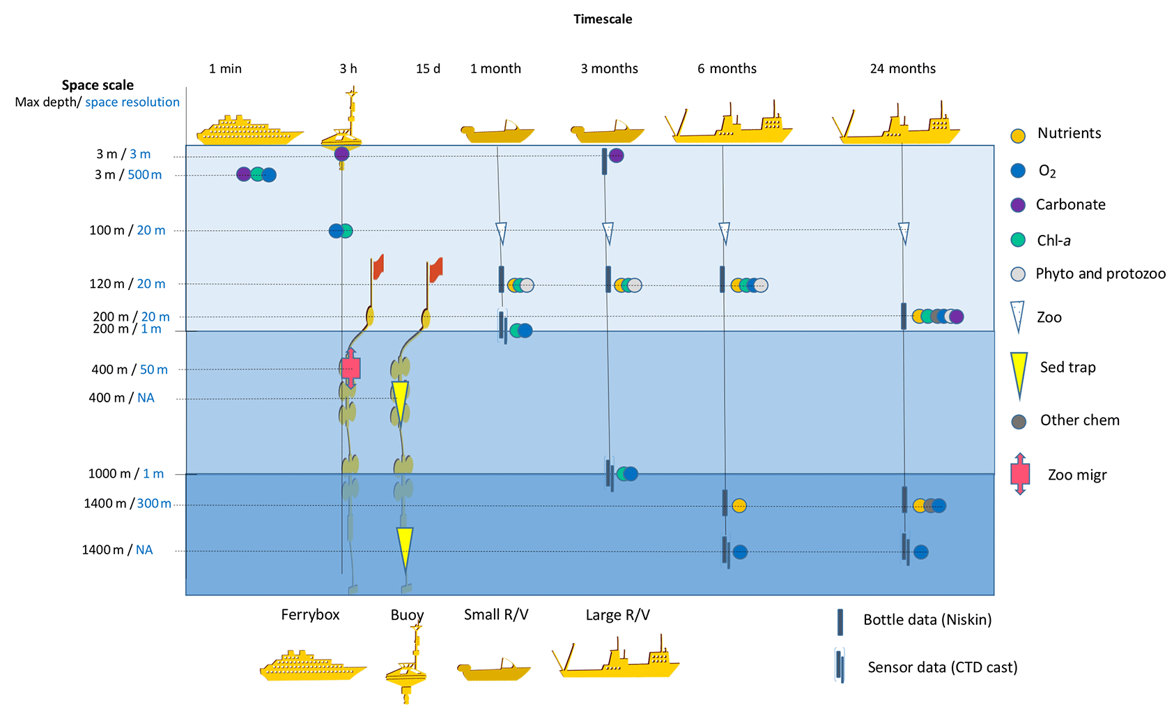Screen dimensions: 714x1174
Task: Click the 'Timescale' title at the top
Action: (x=603, y=20)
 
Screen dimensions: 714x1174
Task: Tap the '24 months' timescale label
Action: (x=902, y=68)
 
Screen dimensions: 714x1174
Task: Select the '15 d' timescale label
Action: (x=428, y=68)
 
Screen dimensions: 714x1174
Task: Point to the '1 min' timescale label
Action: (x=225, y=68)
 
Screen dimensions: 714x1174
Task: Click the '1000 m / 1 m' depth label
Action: (x=126, y=474)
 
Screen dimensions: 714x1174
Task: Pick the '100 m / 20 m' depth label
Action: (x=128, y=230)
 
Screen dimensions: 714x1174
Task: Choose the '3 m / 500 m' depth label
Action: (x=128, y=175)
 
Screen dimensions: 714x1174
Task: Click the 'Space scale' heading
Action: (x=98, y=85)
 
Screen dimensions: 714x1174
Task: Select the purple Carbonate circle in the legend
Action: (x=1018, y=205)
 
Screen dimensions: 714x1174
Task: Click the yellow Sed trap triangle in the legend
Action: (x=1019, y=374)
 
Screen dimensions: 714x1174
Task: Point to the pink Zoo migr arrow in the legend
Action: (x=1020, y=474)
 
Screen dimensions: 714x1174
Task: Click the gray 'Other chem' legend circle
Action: (x=1019, y=422)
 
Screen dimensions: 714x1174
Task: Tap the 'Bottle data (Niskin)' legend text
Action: (x=927, y=620)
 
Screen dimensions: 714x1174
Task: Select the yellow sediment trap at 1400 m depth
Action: (x=405, y=547)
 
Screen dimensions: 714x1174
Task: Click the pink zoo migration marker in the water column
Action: (x=351, y=367)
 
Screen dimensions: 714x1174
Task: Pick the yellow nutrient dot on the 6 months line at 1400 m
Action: (x=739, y=506)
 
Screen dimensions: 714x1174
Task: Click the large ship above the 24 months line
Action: (x=899, y=125)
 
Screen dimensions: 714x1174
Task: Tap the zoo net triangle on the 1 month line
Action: (x=500, y=233)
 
